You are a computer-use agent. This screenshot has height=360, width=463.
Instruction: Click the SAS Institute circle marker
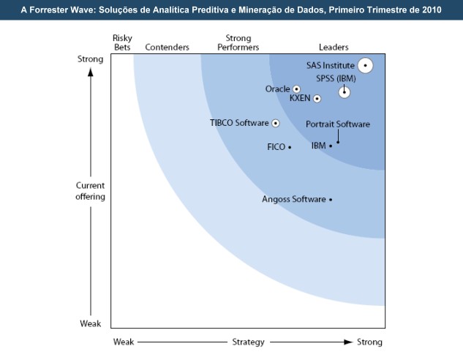pyautogui.click(x=366, y=65)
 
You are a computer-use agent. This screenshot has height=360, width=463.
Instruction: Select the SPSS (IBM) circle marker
pyautogui.click(x=344, y=91)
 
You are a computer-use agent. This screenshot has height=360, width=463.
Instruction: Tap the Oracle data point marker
pyautogui.click(x=296, y=89)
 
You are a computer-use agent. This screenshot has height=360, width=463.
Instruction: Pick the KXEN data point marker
pyautogui.click(x=317, y=98)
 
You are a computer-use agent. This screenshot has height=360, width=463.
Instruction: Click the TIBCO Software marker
pyautogui.click(x=276, y=123)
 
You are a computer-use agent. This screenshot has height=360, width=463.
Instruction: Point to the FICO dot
pyautogui.click(x=290, y=147)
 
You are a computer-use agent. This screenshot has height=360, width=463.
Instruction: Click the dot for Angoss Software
pyautogui.click(x=331, y=199)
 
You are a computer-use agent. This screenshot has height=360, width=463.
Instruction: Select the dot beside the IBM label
pyautogui.click(x=331, y=146)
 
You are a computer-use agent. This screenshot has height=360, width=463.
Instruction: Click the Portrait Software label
pyautogui.click(x=338, y=124)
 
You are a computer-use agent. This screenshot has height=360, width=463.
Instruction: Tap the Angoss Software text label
pyautogui.click(x=293, y=199)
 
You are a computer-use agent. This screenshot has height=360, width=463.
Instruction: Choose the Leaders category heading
pyautogui.click(x=334, y=48)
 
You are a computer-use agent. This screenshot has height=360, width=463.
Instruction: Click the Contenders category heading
pyautogui.click(x=167, y=48)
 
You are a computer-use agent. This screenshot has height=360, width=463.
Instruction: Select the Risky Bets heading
pyautogui.click(x=122, y=43)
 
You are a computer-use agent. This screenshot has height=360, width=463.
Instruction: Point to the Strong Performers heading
pyautogui.click(x=238, y=43)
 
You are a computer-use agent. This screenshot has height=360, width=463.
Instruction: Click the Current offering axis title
pyautogui.click(x=91, y=191)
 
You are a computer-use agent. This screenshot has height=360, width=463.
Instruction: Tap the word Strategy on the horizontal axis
pyautogui.click(x=248, y=342)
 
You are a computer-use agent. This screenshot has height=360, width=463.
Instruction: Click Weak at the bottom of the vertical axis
pyautogui.click(x=90, y=323)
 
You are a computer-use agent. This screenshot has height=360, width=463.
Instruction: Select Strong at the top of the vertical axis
pyautogui.click(x=90, y=59)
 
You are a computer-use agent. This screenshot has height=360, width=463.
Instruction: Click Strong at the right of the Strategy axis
pyautogui.click(x=369, y=342)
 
